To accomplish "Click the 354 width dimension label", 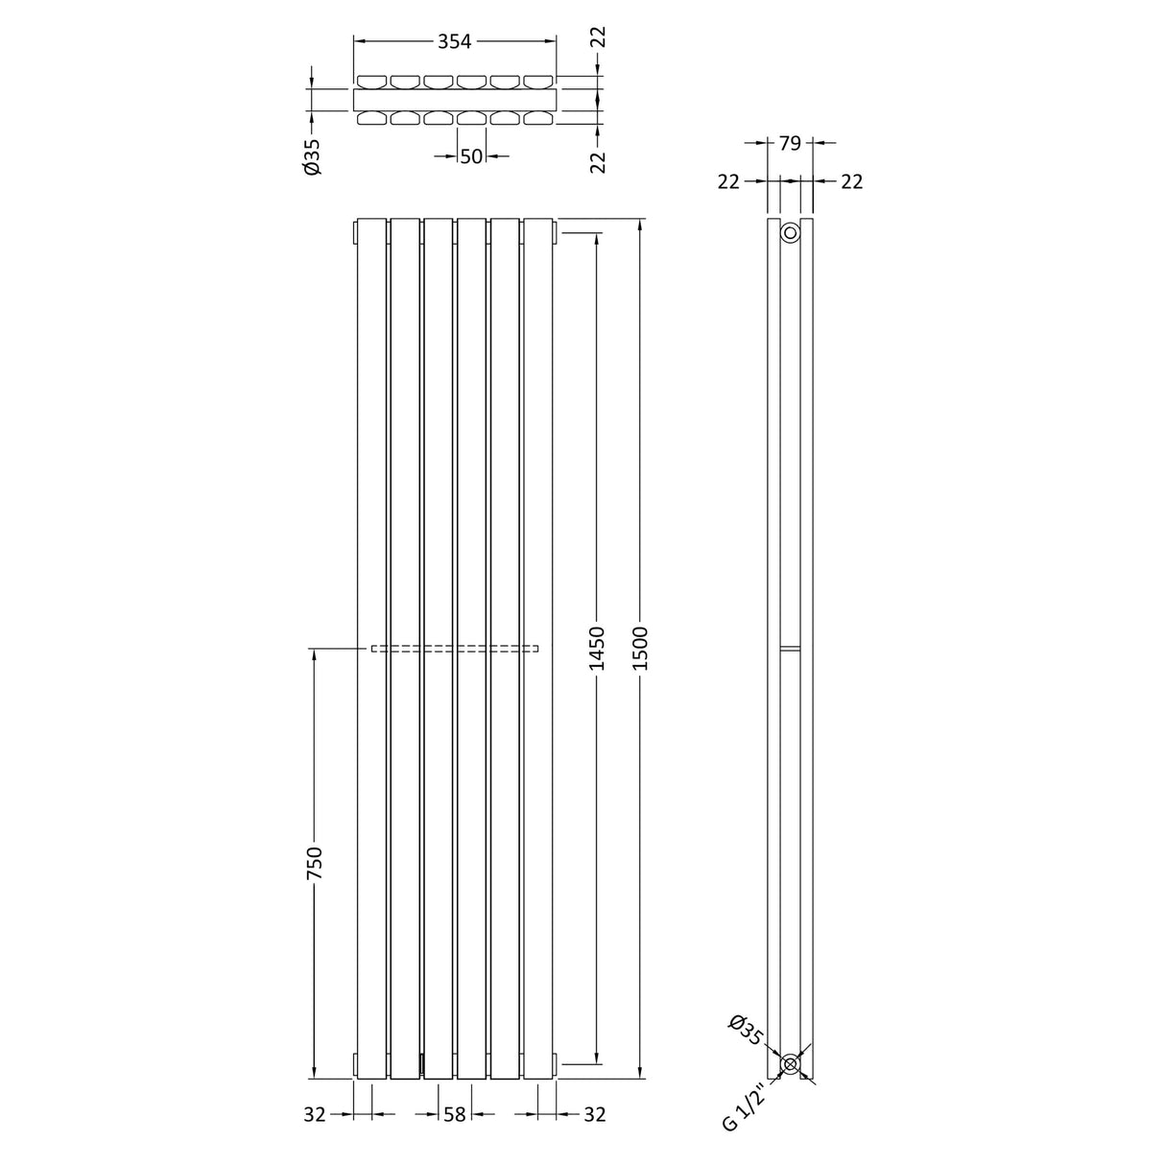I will tap(455, 41).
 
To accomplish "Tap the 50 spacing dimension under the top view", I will tap(470, 156).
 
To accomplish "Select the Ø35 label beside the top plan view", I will tap(312, 156).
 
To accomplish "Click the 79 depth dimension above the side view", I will tap(790, 143).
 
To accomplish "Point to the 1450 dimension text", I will tap(597, 648).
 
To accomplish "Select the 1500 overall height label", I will tap(641, 648).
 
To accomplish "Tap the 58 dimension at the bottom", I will tap(455, 1114).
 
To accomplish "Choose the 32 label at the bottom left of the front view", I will tap(315, 1114).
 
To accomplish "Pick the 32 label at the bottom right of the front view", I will tap(595, 1114).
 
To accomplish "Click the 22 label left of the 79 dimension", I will tap(728, 181).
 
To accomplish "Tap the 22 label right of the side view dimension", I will tap(852, 181).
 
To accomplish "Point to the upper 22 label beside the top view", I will tap(598, 37).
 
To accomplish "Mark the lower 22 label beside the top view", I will tap(598, 161).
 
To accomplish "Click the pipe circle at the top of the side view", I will tap(790, 233).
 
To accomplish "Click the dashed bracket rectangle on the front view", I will tap(455, 649).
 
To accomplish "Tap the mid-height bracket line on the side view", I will tap(790, 650).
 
